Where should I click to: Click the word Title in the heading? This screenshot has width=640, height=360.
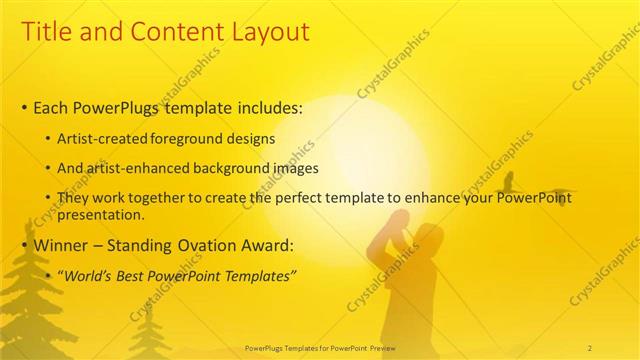click(49, 32)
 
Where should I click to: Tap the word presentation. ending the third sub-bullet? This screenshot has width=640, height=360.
click(101, 215)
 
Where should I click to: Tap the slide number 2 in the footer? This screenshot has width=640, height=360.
click(590, 347)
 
